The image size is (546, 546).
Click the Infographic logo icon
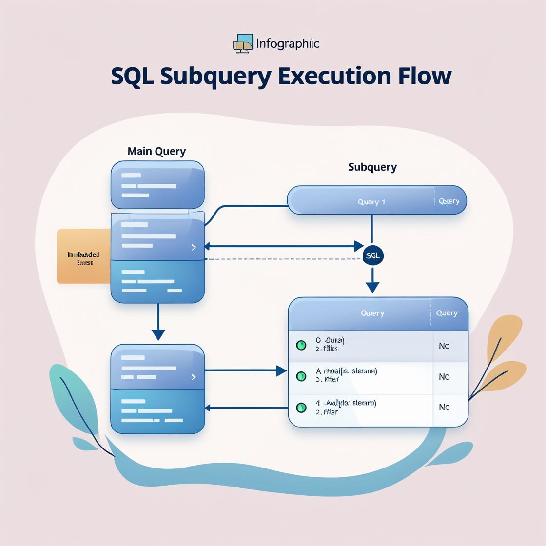click(243, 43)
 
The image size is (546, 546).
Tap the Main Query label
click(156, 151)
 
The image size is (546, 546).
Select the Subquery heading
click(372, 167)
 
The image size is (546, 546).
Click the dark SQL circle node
click(373, 255)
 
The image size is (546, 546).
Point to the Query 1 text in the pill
click(371, 202)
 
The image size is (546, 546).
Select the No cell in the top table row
click(444, 346)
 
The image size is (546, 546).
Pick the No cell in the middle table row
click(444, 376)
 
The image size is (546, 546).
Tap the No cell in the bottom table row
click(444, 407)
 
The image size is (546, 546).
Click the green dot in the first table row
click(301, 345)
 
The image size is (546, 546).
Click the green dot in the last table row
click(301, 407)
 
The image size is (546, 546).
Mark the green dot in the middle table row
click(301, 376)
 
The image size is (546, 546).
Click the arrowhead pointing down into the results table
click(372, 287)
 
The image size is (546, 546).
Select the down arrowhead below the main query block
click(158, 335)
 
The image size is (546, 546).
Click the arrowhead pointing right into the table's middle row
click(281, 371)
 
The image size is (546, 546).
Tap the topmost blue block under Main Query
click(157, 185)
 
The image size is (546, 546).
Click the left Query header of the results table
click(372, 313)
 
